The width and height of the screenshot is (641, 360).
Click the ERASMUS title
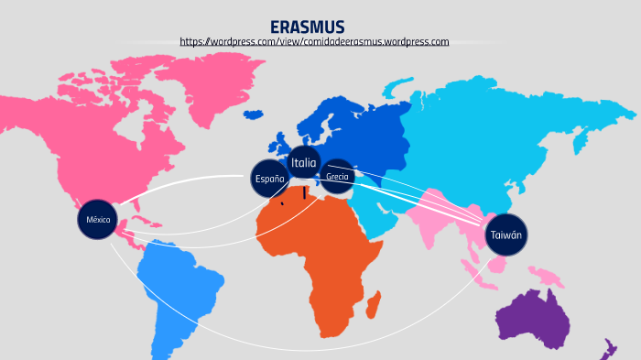307,27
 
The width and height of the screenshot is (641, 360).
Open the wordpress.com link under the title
314,42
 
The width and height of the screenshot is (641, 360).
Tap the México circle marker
98,221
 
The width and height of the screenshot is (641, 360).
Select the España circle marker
270,179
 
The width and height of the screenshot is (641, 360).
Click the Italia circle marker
304,163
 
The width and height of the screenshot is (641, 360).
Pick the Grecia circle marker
337,176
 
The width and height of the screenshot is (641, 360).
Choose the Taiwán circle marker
505,235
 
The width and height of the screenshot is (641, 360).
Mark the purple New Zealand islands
607,347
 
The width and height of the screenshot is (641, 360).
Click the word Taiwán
505,235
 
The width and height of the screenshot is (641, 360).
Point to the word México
98,221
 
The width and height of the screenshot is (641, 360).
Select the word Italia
304,163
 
